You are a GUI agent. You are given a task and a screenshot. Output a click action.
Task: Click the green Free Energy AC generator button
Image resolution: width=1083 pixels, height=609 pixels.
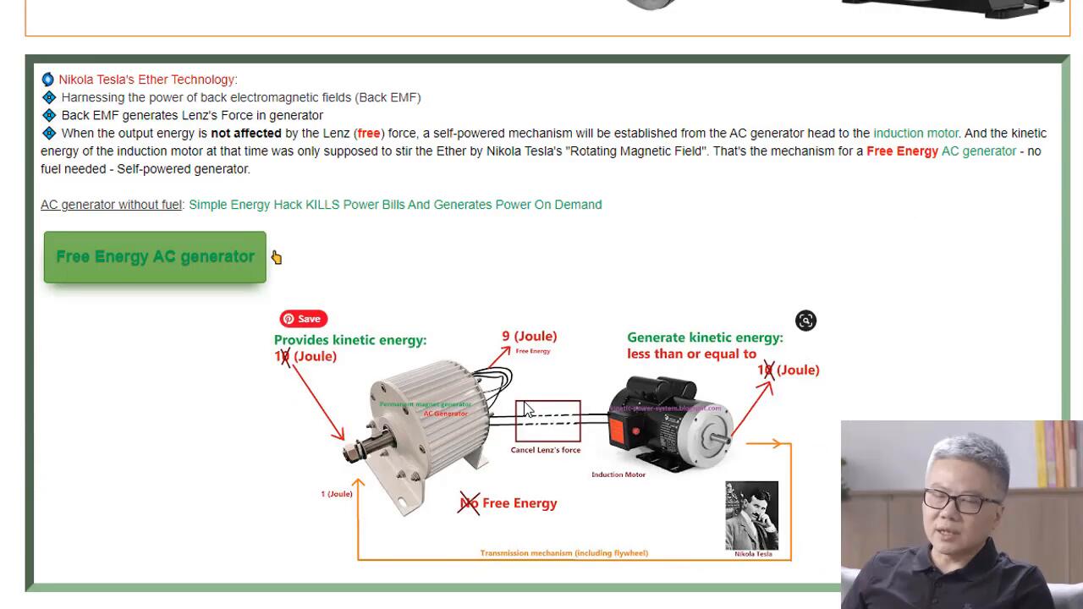[x=155, y=257]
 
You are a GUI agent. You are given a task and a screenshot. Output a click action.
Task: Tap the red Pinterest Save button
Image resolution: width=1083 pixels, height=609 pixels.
[x=303, y=319]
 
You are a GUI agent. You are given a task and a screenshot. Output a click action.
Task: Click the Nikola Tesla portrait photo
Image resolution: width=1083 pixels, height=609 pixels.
[x=751, y=515]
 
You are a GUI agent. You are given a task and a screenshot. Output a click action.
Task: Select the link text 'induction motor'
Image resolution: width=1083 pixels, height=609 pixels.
[x=915, y=133]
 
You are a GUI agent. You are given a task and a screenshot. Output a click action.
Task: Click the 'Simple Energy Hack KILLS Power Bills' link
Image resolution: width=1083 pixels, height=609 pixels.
[x=395, y=205]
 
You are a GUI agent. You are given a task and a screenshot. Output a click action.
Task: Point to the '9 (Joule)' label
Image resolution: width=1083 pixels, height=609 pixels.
[x=530, y=337]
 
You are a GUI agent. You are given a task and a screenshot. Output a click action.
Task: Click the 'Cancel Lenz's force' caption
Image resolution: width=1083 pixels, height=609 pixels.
[x=546, y=450]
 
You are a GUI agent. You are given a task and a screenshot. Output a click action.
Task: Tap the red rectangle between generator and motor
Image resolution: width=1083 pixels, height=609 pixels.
[x=548, y=420]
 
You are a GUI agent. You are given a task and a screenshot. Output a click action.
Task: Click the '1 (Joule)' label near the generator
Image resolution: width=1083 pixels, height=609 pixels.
[x=336, y=494]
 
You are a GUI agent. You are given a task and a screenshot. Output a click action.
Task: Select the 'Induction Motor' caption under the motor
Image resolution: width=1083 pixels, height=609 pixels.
[x=618, y=475]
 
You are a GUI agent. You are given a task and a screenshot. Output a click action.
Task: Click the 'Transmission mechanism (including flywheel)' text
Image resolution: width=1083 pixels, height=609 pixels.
[x=564, y=553]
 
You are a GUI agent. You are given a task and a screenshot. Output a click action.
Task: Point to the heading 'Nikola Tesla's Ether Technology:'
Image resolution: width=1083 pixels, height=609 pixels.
[x=148, y=80]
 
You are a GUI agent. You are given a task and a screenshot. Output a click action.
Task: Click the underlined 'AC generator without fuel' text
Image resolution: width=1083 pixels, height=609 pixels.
[x=111, y=205]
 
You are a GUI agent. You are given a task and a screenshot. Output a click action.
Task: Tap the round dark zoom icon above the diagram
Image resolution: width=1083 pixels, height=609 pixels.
[x=805, y=321]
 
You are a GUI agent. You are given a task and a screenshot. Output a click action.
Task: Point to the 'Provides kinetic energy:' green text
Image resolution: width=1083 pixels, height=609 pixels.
[x=350, y=340]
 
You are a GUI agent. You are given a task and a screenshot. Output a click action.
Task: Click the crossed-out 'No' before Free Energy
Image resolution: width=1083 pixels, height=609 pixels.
[x=469, y=503]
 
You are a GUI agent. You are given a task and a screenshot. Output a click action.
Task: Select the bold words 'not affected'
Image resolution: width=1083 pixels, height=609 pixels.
[x=246, y=133]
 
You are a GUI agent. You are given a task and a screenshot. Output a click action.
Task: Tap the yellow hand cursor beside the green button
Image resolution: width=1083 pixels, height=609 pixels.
[x=277, y=257]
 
